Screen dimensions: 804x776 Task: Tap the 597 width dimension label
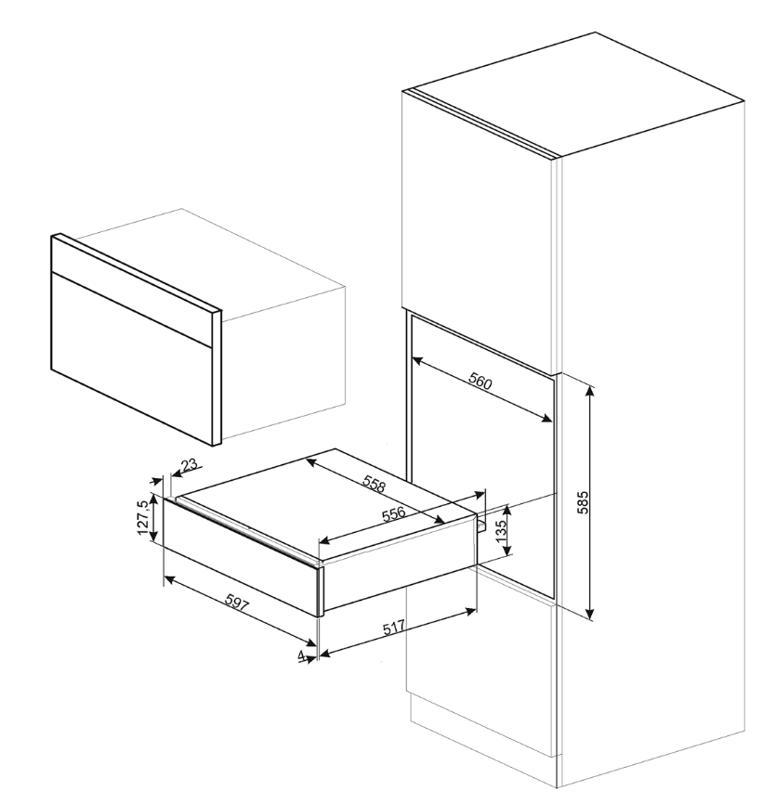pos(237,603)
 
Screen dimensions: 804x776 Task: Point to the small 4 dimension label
pos(301,655)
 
